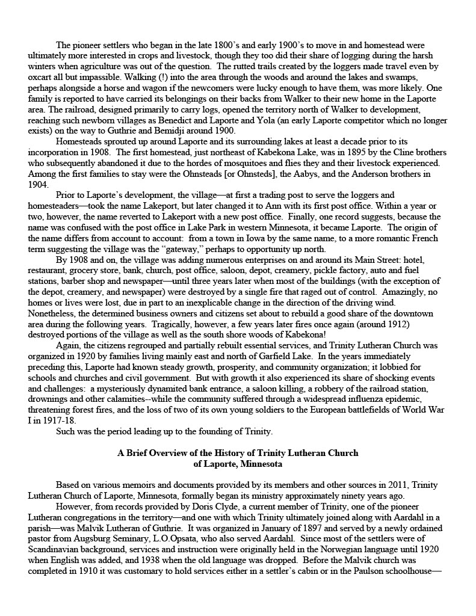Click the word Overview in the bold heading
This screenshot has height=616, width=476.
[168, 454]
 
